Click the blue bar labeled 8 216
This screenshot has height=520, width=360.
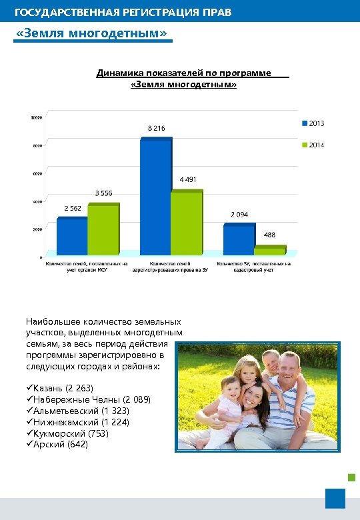click(x=155, y=197)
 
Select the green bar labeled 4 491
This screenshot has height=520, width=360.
click(x=186, y=223)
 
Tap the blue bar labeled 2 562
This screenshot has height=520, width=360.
click(x=71, y=237)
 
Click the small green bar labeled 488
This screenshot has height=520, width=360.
click(x=269, y=251)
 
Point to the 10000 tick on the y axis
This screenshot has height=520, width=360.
click(x=36, y=117)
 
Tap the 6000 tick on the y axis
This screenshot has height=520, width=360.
click(x=37, y=173)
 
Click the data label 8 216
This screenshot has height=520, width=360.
click(x=156, y=127)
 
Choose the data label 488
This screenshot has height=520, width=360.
click(x=269, y=235)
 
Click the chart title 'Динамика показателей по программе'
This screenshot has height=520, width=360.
click(x=183, y=73)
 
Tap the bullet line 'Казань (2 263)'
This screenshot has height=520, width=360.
click(x=60, y=388)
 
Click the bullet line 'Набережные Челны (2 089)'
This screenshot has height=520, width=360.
click(x=89, y=399)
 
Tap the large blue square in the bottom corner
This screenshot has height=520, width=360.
click(x=335, y=498)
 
